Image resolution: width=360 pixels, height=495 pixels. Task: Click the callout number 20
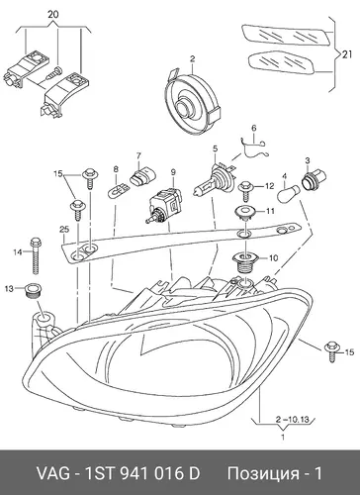[x=53, y=15]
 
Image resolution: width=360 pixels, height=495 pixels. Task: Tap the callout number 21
[x=346, y=55]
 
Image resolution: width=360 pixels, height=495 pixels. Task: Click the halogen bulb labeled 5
[x=214, y=180]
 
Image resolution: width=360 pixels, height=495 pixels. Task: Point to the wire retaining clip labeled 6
[x=254, y=148]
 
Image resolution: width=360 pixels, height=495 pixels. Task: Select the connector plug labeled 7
[x=141, y=176]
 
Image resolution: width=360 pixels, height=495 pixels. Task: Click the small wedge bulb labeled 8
[x=118, y=191]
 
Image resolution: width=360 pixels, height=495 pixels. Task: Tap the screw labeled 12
[x=246, y=191]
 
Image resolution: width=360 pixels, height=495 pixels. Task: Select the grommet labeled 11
[x=244, y=212]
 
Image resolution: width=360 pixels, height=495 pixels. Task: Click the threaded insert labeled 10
[x=243, y=263]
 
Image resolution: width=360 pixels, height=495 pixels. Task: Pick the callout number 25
[x=64, y=229]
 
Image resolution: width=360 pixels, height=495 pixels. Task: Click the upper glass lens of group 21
[x=286, y=36]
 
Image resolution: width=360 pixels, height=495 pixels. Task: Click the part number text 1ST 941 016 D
[x=142, y=474]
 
